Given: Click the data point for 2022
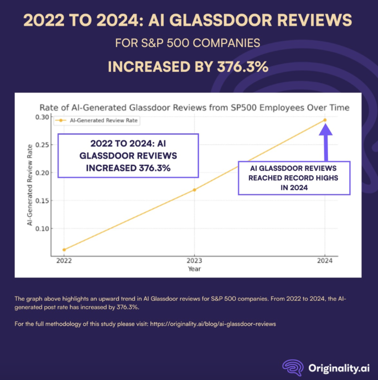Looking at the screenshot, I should [64, 250].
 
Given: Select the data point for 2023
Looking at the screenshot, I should [194, 190].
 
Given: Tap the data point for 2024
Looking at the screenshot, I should [325, 120].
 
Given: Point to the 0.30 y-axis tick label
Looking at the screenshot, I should [41, 117].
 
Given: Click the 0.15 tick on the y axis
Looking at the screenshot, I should [41, 200].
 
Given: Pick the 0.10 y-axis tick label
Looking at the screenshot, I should [41, 229].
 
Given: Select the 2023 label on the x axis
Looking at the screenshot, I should [194, 261].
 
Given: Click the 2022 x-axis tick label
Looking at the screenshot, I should [64, 261].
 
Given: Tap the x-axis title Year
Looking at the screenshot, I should [194, 269].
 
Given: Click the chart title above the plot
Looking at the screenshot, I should [194, 107].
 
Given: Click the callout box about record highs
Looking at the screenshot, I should [294, 178].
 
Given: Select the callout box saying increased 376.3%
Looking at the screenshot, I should [128, 155].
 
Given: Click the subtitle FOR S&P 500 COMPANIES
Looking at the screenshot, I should [188, 43].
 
